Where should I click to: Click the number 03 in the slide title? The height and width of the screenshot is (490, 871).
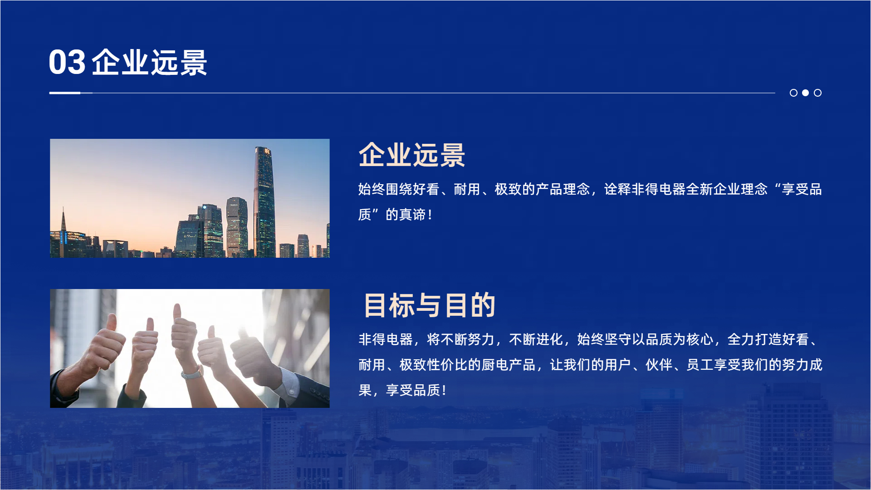[x=67, y=62]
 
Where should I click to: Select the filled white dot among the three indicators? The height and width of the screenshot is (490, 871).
[x=805, y=93]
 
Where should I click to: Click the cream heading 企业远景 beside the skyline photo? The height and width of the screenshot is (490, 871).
[x=411, y=155]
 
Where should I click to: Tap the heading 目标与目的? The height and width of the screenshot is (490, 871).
[x=429, y=305]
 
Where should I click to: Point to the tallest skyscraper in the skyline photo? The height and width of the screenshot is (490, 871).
[x=264, y=202]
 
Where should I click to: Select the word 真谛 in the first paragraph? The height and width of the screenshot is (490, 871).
[x=412, y=214]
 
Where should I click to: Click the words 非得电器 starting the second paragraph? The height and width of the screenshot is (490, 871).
[x=386, y=339]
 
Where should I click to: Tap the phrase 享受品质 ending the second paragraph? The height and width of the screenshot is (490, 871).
[x=413, y=390]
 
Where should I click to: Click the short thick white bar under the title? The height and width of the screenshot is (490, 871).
[x=65, y=93]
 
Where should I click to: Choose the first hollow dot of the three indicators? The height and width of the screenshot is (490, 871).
[x=793, y=93]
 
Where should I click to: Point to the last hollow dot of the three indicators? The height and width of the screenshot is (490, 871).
[x=817, y=93]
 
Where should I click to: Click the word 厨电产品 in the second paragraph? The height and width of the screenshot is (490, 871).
[x=509, y=365]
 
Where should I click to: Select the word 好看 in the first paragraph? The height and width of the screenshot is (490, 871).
[x=426, y=189]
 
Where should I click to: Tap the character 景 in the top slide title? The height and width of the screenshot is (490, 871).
[x=193, y=62]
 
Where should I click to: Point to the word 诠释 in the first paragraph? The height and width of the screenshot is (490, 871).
[x=617, y=189]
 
